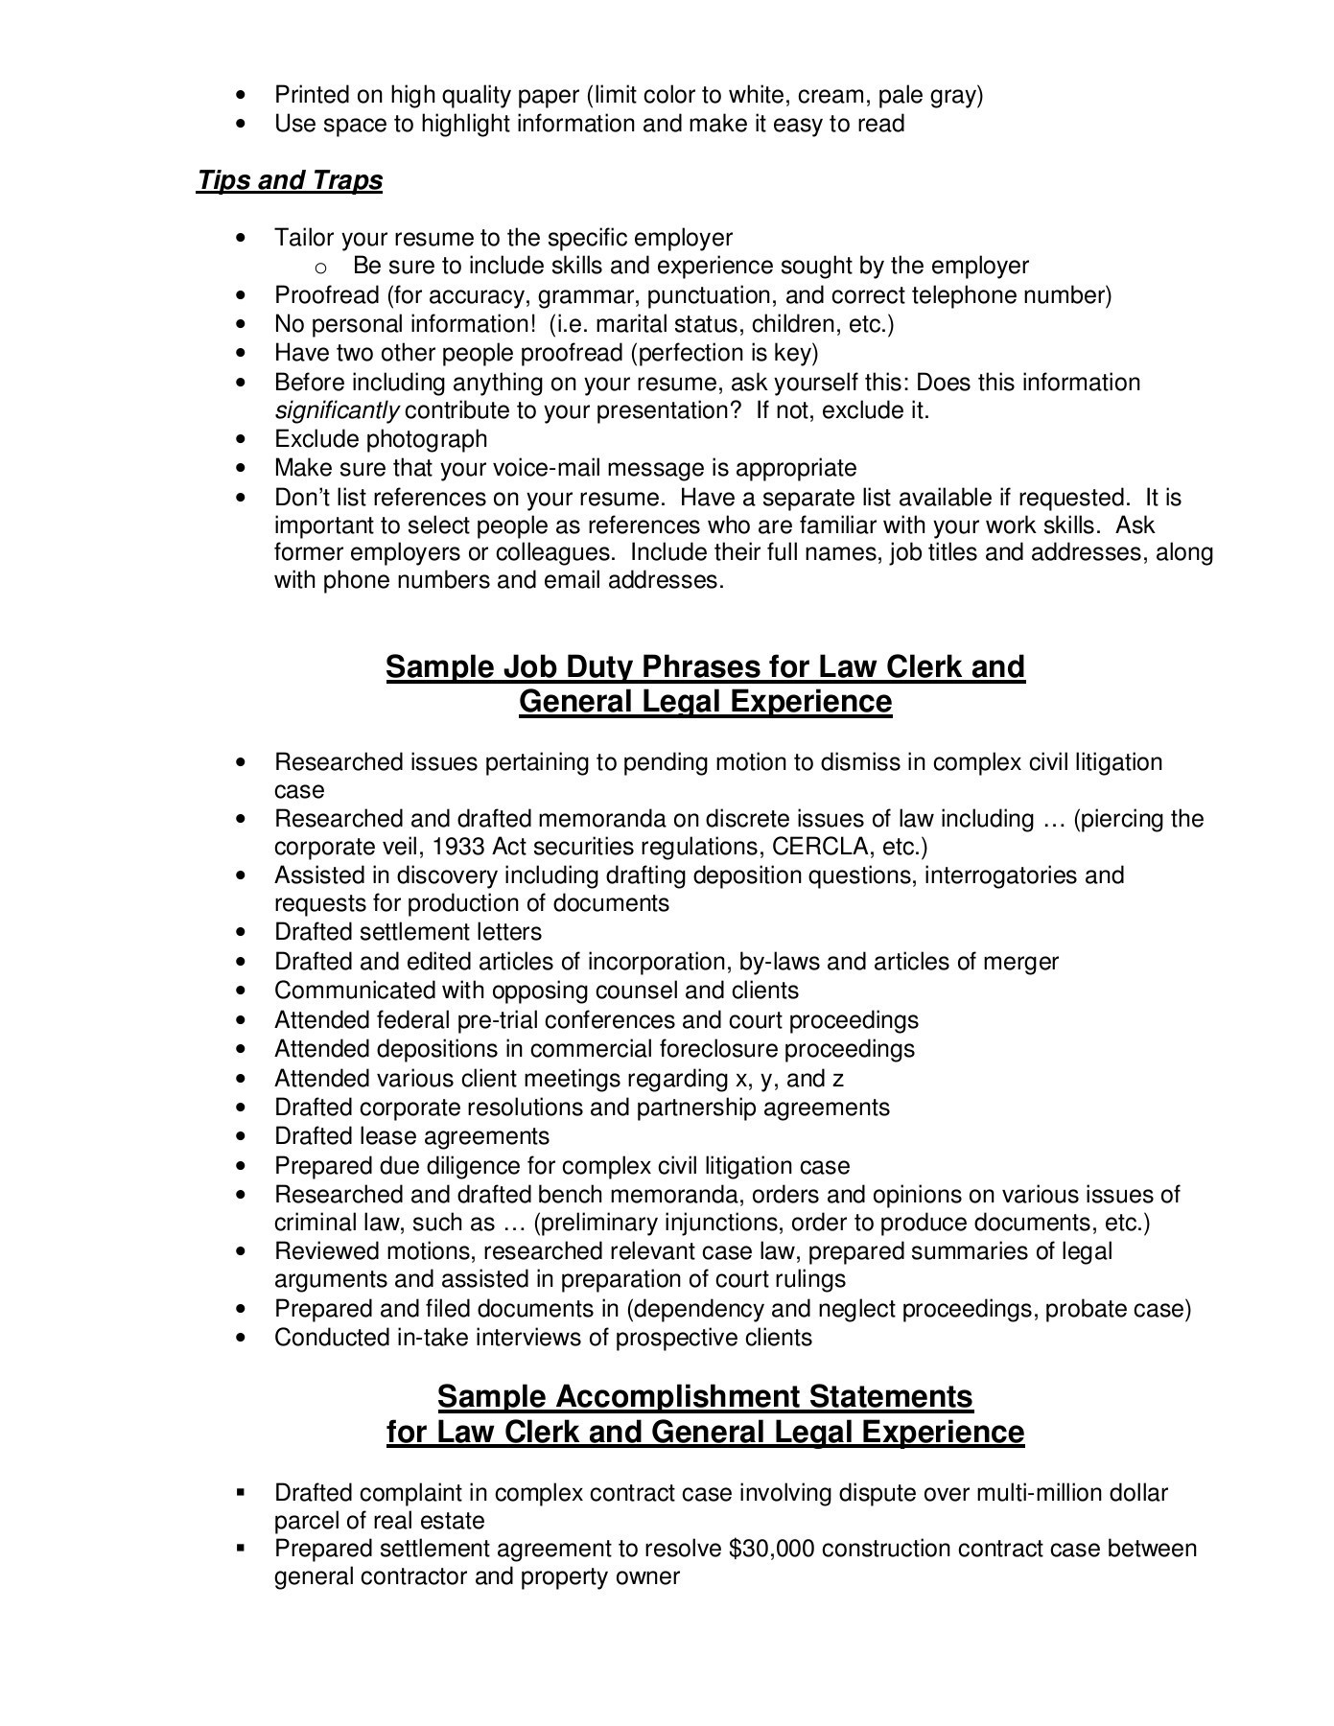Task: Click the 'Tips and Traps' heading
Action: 290,180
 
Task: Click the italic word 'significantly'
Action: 337,410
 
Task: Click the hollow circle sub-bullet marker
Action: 321,267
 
